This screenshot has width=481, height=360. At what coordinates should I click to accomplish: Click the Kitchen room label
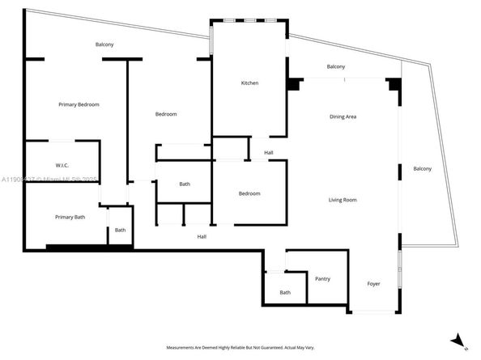(249, 83)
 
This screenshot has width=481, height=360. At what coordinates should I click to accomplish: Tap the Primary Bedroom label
(79, 104)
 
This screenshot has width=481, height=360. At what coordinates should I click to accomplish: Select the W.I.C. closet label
(61, 165)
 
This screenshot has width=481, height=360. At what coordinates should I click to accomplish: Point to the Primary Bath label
(70, 217)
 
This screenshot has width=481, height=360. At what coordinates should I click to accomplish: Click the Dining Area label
(343, 116)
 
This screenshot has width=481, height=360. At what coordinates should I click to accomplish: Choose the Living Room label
(343, 199)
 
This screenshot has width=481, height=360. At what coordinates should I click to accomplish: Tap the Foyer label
(373, 283)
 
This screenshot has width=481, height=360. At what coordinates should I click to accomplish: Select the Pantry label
(322, 279)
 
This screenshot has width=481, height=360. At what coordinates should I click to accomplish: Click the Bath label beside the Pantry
(285, 292)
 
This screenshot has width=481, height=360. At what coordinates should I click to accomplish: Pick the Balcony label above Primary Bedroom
(104, 44)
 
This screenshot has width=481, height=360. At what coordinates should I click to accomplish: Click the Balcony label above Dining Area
(336, 66)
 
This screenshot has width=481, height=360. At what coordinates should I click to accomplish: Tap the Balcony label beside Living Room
(422, 168)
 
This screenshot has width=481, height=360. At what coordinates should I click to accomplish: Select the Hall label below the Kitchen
(268, 152)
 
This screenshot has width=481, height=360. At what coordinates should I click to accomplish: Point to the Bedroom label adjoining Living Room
(249, 193)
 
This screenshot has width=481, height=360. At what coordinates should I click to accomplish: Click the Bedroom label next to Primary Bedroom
(166, 114)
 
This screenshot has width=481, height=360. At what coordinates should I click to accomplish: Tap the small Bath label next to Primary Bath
(120, 230)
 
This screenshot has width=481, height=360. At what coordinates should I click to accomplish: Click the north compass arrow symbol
(458, 340)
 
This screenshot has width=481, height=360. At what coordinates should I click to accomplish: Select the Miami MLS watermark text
(49, 180)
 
